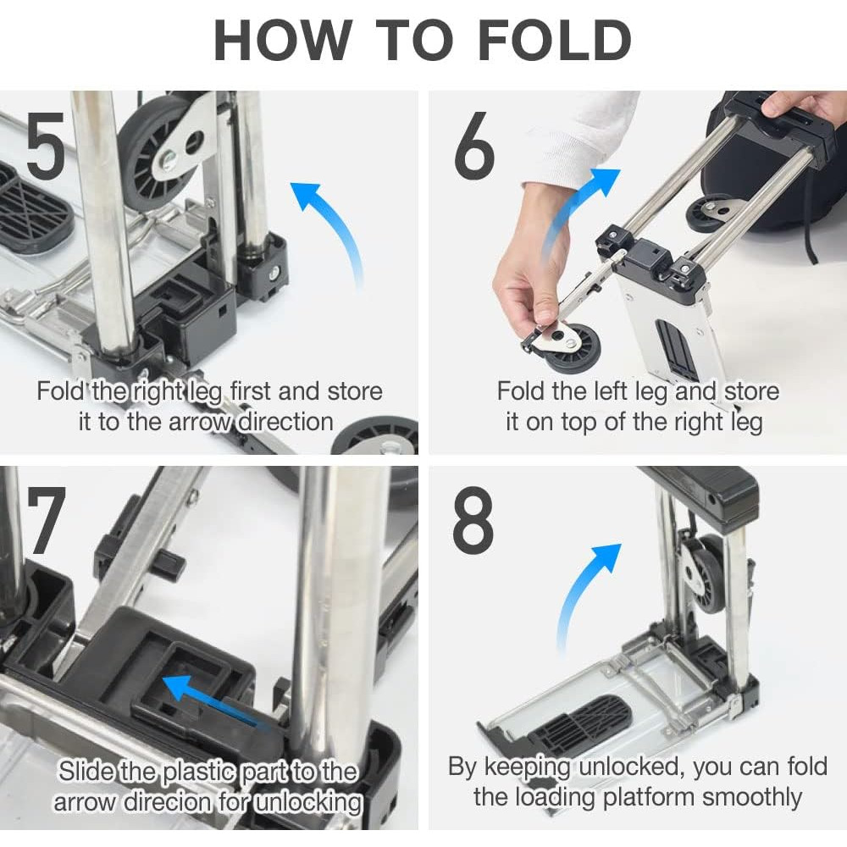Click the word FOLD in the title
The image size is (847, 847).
(555, 41)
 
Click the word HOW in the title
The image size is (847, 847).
(283, 41)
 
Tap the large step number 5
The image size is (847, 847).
(46, 145)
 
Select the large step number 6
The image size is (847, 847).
(473, 145)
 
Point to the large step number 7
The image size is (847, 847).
(47, 520)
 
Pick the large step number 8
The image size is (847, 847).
(473, 520)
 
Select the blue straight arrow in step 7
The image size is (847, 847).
(216, 702)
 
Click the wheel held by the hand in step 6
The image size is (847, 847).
(573, 348)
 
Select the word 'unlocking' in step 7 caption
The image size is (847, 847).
(307, 801)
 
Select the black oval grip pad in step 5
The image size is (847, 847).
(34, 208)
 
